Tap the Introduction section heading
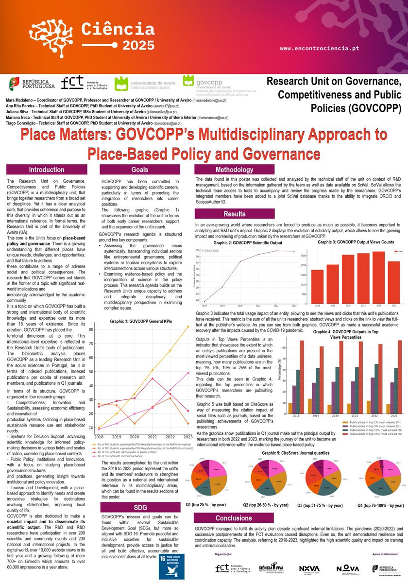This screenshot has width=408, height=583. coord(46,170)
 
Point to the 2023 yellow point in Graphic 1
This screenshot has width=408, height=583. coord(188,326)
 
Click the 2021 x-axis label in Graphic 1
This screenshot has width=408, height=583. coord(153,437)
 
